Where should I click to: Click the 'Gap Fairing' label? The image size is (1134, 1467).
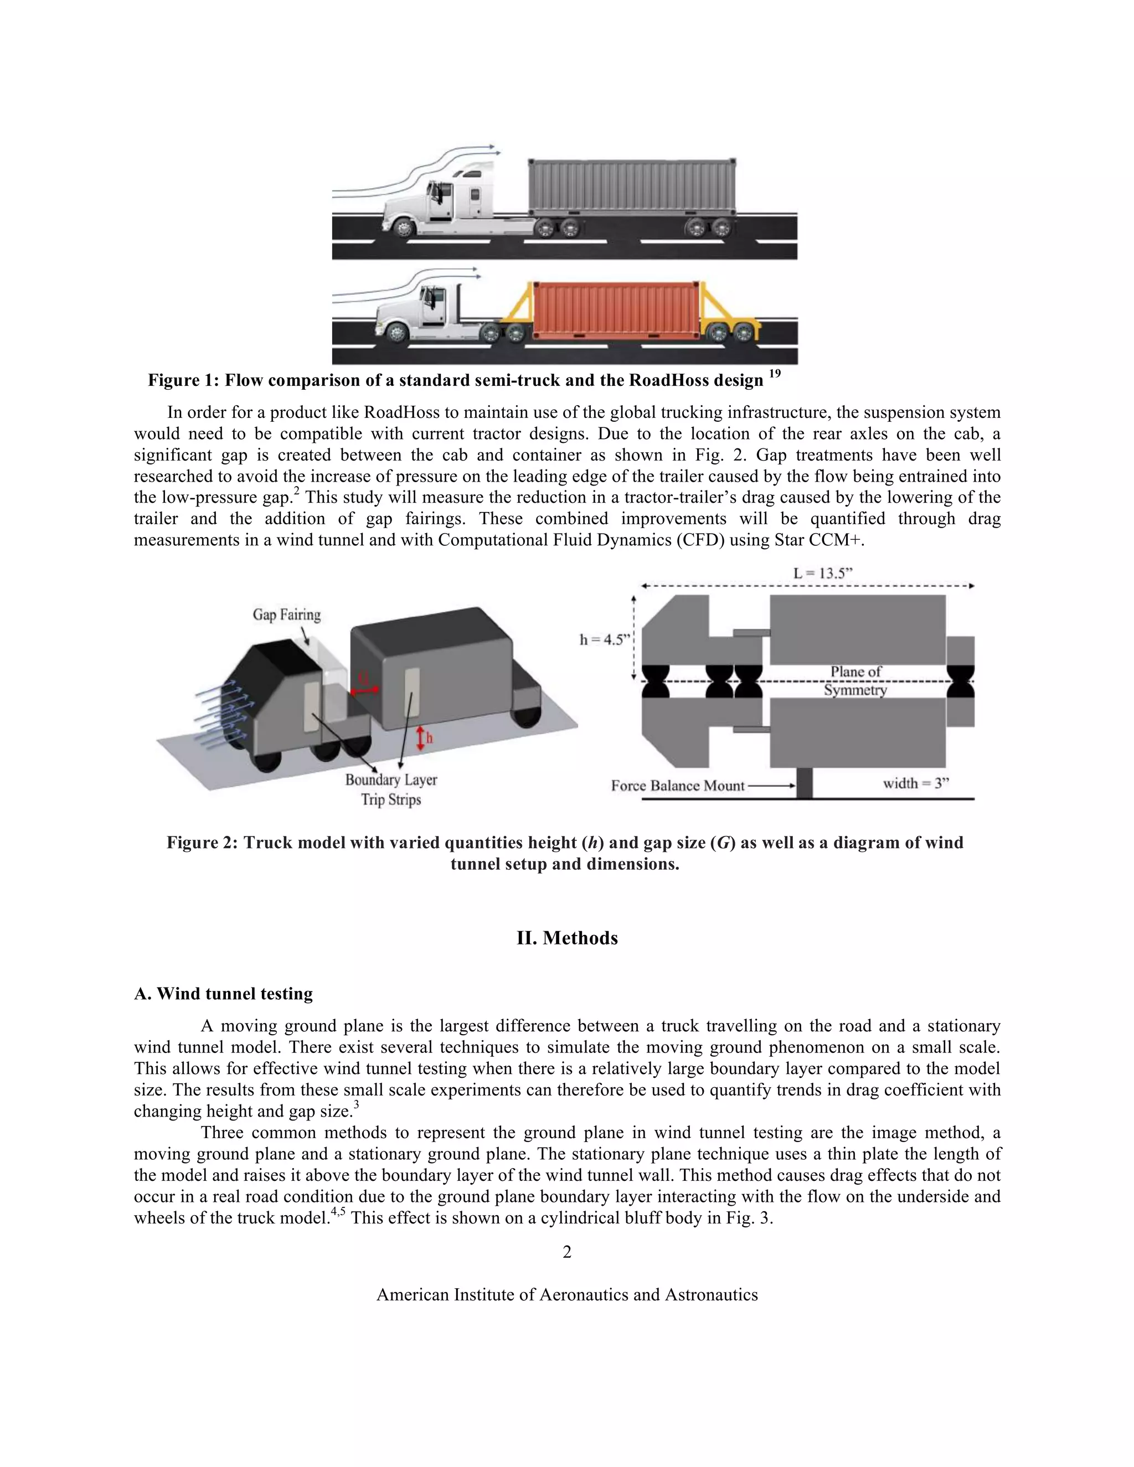pyautogui.click(x=287, y=614)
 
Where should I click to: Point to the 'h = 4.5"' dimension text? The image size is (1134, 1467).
pyautogui.click(x=605, y=639)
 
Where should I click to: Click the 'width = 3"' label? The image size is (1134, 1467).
pyautogui.click(x=916, y=783)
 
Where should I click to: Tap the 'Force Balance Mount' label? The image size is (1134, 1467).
pyautogui.click(x=677, y=786)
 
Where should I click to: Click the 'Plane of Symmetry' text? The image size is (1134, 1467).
pyautogui.click(x=855, y=680)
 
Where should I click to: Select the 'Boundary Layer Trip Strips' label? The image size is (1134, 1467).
pyautogui.click(x=391, y=789)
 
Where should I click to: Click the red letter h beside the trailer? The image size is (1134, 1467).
pyautogui.click(x=430, y=738)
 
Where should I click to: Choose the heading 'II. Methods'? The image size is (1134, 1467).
pyautogui.click(x=566, y=938)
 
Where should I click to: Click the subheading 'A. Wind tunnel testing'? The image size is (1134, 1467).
pyautogui.click(x=223, y=994)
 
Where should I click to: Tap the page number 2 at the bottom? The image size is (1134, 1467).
pyautogui.click(x=566, y=1252)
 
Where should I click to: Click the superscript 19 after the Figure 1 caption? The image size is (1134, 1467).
pyautogui.click(x=774, y=374)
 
